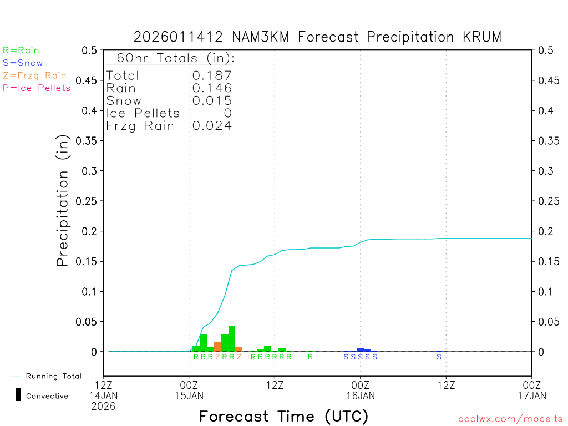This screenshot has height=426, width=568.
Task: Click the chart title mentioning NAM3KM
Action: click(x=317, y=37)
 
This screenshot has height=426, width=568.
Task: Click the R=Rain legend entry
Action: click(x=21, y=50)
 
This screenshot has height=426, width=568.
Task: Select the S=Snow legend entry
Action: click(x=23, y=63)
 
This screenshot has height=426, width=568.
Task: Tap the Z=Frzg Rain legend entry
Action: click(x=34, y=75)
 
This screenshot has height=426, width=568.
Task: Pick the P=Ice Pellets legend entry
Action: click(x=37, y=88)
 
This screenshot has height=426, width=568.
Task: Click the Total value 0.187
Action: click(x=212, y=76)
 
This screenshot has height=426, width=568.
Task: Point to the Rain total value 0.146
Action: click(x=212, y=88)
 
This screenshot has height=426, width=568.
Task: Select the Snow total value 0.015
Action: click(x=212, y=101)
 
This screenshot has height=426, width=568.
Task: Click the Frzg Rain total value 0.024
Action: click(x=212, y=126)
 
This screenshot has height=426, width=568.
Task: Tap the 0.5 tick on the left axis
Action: click(x=89, y=50)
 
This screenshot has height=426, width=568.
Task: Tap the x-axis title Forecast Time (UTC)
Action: click(x=283, y=416)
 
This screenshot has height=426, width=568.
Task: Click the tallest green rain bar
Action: click(x=232, y=339)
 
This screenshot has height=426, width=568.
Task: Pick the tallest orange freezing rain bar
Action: click(x=217, y=347)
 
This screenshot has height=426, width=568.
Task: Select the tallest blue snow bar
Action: click(x=360, y=349)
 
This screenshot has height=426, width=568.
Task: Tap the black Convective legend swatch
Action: click(x=18, y=395)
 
